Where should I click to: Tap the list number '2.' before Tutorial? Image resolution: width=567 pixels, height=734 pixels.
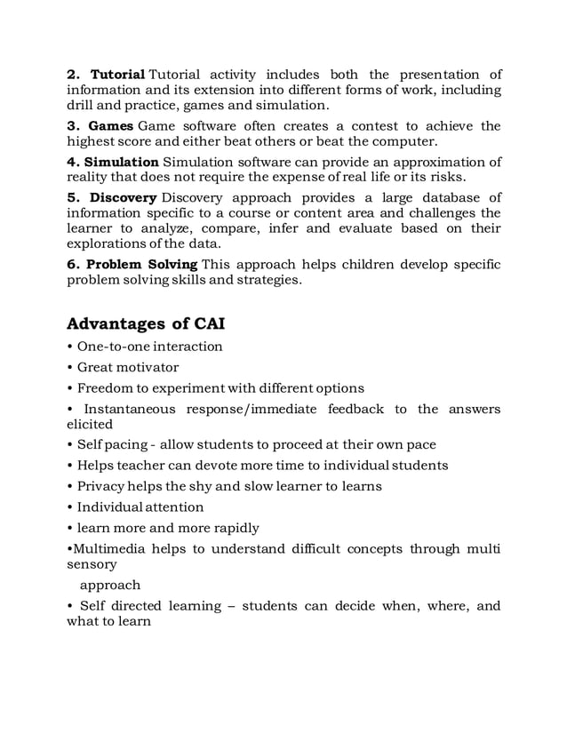(x=76, y=74)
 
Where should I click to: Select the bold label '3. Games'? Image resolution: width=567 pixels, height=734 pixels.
(x=100, y=125)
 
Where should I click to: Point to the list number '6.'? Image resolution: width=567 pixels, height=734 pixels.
(x=76, y=265)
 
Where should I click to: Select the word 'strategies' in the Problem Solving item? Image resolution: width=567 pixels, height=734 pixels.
(x=270, y=281)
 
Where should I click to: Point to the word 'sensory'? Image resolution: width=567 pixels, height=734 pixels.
(x=92, y=564)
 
